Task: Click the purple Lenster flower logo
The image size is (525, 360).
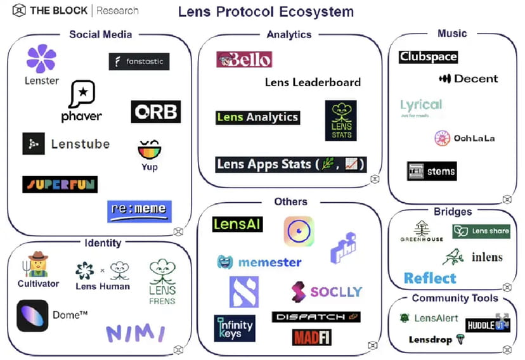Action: pos(41,58)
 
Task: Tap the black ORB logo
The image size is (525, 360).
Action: pos(156,112)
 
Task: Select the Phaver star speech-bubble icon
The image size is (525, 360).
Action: pos(82,94)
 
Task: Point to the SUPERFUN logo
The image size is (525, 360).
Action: pos(60,184)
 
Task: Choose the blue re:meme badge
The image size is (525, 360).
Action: pos(139,211)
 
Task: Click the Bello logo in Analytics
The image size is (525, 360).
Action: pos(244,60)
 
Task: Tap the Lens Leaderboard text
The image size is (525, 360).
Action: pos(313,82)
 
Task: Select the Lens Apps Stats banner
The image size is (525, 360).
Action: pos(290,164)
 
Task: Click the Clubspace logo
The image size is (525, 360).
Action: pos(428,57)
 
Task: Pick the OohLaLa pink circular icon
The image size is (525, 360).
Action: pos(443,138)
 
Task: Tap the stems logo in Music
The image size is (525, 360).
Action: pos(431,171)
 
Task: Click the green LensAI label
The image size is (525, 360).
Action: pos(238,224)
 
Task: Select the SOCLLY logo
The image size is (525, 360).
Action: pos(326,292)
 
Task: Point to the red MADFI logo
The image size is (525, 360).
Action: pos(312,336)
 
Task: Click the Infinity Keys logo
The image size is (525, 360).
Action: pos(234,328)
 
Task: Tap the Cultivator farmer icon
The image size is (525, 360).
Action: pos(38,264)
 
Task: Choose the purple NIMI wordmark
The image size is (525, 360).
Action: pos(135,332)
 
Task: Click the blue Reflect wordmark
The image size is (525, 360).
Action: pos(430,278)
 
